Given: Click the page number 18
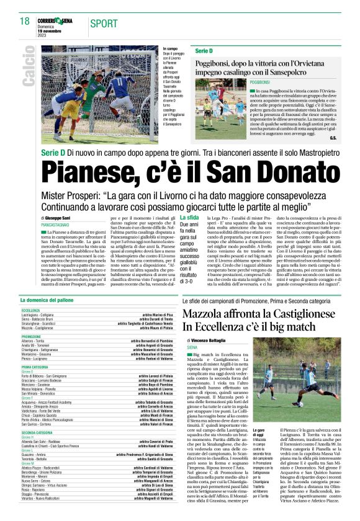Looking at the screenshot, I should [25, 21].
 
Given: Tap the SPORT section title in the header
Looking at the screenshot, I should [103, 24].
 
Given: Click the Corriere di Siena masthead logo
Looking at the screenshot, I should [55, 21].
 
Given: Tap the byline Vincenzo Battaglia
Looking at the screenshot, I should [208, 341].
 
